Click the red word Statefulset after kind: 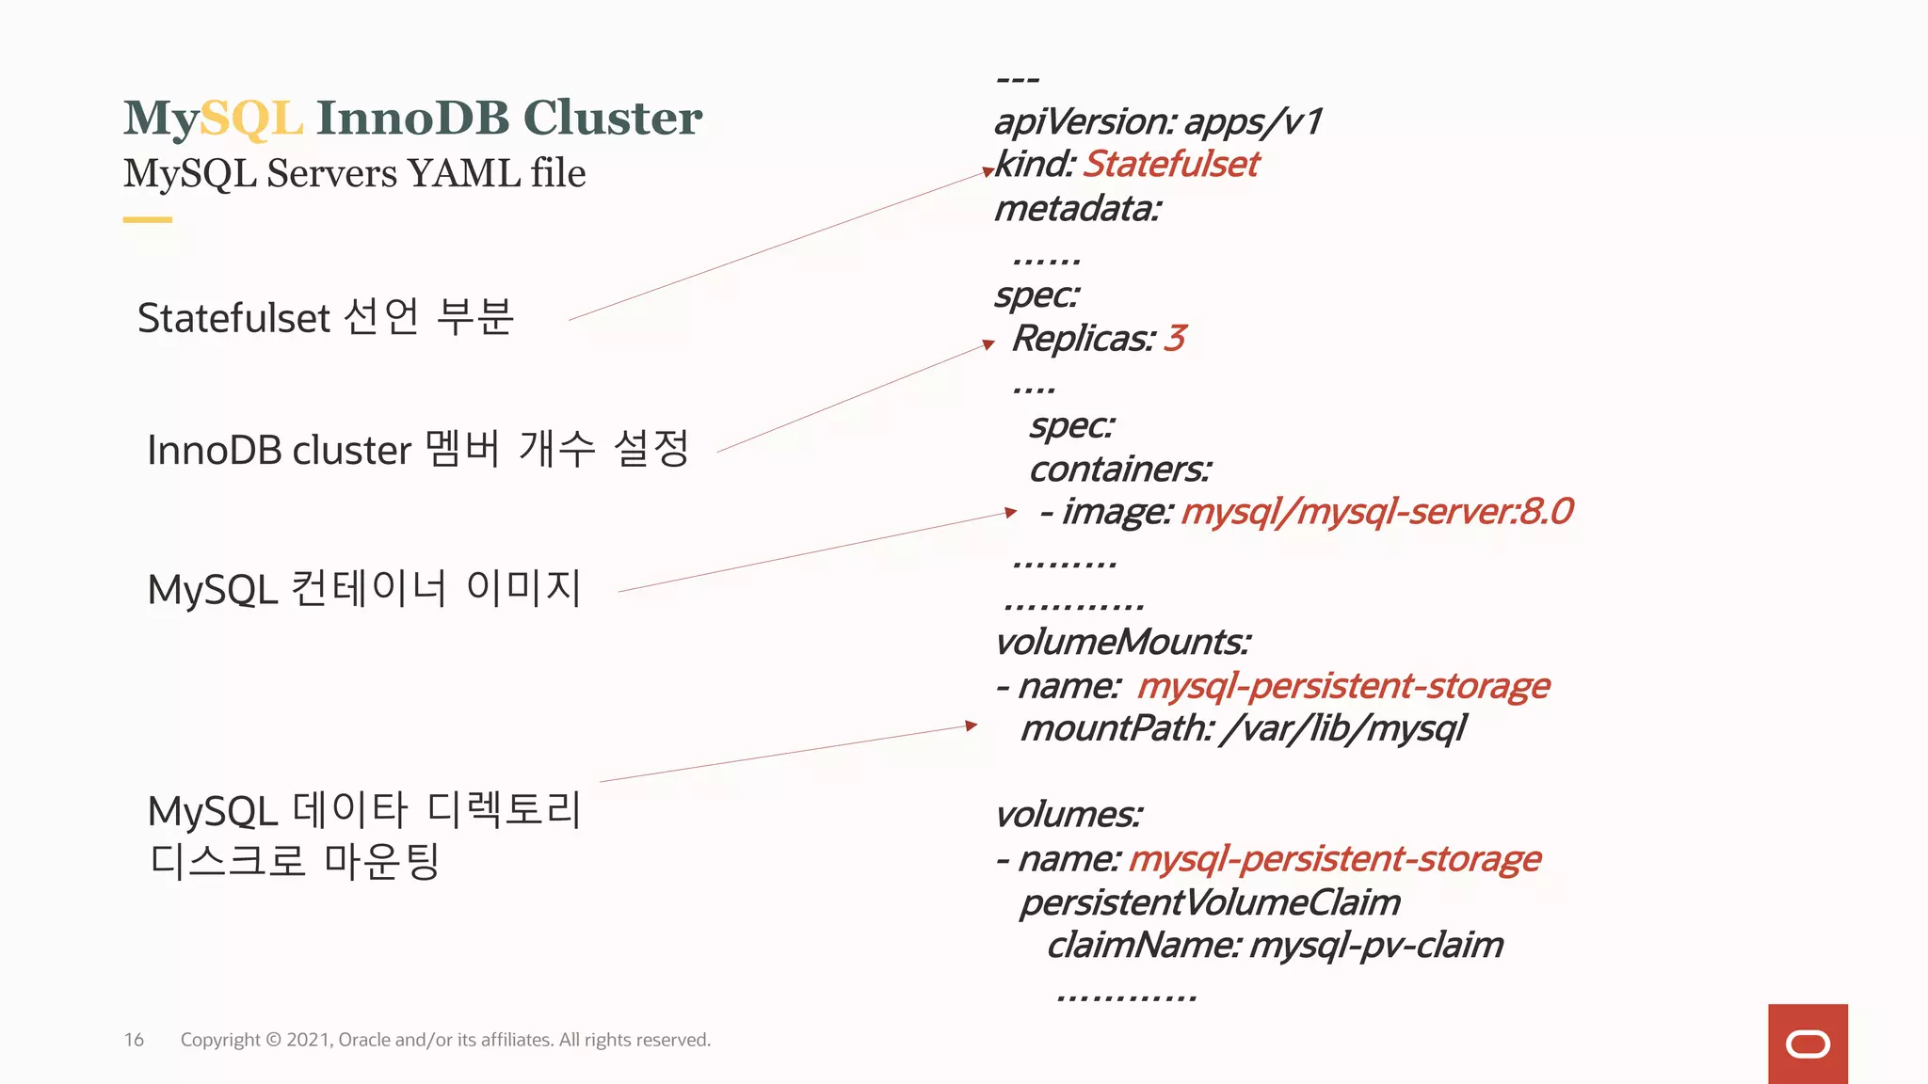[1170, 165]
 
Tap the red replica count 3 [1174, 338]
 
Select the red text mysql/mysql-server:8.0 [1376, 512]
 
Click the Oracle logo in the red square [1807, 1044]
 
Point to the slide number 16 [134, 1040]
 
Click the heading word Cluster [612, 119]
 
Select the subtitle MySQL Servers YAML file [354, 173]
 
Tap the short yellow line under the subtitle [147, 220]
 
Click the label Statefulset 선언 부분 [326, 317]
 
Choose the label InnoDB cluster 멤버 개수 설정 [418, 449]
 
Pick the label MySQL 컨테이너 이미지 [364, 589]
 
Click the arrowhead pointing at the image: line [1010, 512]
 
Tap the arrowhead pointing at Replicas [988, 344]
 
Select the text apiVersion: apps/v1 [1158, 121]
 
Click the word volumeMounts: [1122, 642]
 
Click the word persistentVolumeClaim [1210, 902]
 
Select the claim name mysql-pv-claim [1375, 945]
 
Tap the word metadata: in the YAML [1078, 208]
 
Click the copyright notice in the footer [445, 1040]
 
